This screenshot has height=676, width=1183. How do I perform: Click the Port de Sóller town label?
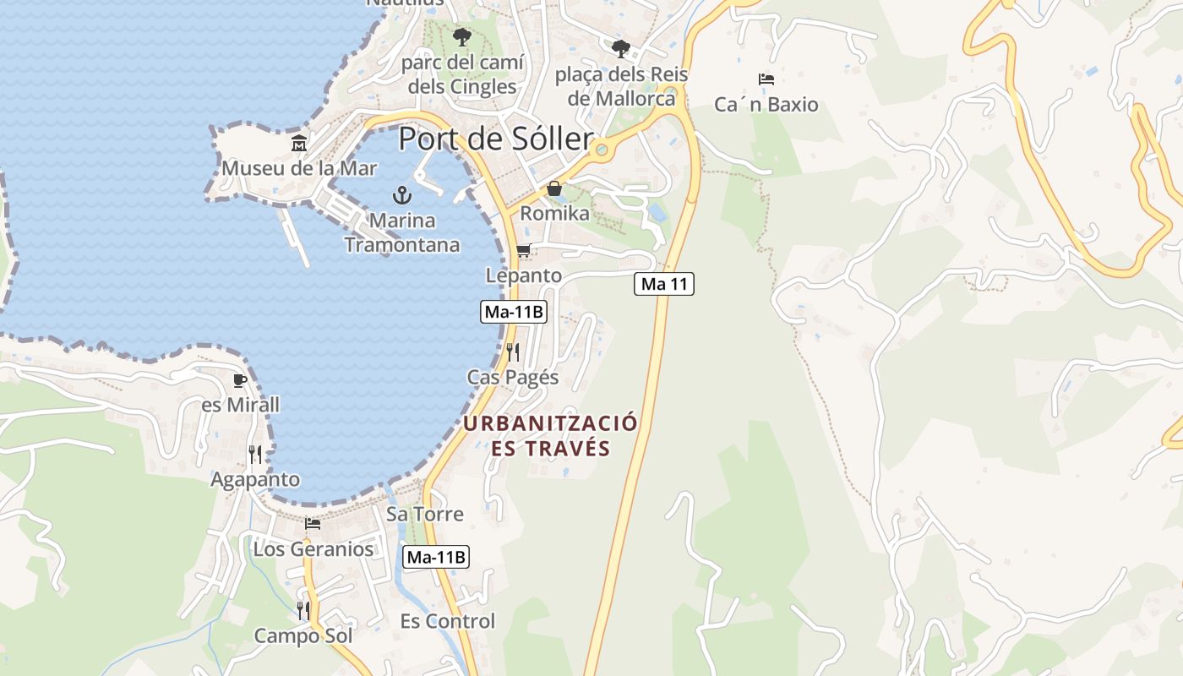pos(494,139)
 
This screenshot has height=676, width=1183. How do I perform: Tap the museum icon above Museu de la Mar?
pos(299,144)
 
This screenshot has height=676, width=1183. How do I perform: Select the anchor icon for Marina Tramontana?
pos(402,196)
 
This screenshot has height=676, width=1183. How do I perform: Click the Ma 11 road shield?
pos(664,284)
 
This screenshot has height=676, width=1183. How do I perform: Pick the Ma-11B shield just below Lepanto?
pos(514,312)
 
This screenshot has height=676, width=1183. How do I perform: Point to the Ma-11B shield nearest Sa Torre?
pos(436,557)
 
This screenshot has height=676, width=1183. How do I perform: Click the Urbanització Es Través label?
pos(550,435)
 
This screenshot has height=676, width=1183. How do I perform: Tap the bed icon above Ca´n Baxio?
pos(766,79)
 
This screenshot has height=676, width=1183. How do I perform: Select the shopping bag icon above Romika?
pos(554,188)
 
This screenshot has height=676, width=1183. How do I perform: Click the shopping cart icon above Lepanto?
pos(523,251)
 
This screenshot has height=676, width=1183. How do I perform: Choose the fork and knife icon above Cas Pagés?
pos(513,352)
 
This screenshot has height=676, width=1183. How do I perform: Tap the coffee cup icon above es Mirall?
pos(240,380)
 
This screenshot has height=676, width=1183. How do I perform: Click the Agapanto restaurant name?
pos(255,479)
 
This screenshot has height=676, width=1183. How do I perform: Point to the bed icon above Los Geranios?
pos(313,524)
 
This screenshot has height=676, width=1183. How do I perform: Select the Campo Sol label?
pos(303,635)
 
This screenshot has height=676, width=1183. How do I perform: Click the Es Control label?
pos(448,621)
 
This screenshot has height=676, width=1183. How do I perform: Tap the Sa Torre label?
pos(425,514)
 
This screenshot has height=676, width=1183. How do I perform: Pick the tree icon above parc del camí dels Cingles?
pos(461,37)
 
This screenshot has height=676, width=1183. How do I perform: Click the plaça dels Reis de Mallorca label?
pos(622,86)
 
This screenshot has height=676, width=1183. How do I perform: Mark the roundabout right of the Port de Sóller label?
pos(602,150)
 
